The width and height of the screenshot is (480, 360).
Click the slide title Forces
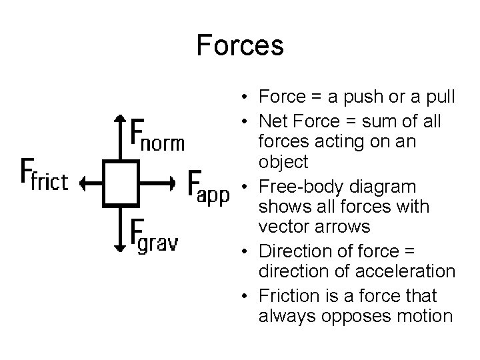click(x=240, y=46)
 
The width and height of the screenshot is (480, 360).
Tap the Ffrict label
click(x=45, y=175)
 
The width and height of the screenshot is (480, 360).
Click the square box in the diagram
click(x=119, y=180)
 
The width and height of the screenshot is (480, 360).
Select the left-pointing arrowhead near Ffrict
click(x=84, y=180)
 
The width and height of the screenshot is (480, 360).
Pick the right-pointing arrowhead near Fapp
click(x=172, y=180)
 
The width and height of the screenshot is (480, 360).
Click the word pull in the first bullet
click(x=439, y=97)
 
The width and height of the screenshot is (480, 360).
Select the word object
click(x=285, y=161)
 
